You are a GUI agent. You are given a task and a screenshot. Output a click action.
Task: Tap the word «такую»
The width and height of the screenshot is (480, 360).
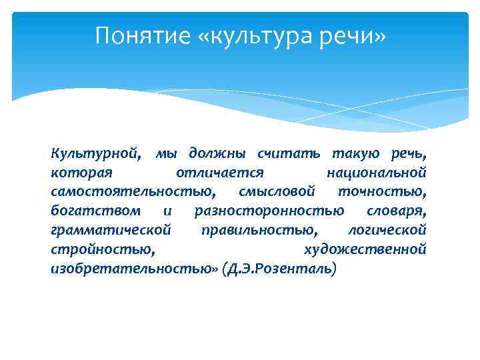(355, 154)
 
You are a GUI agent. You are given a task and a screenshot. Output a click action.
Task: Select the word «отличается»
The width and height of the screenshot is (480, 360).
(219, 173)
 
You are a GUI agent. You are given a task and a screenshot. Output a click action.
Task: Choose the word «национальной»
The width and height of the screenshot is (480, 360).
(377, 173)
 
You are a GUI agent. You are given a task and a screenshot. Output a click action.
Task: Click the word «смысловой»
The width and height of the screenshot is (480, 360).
(276, 193)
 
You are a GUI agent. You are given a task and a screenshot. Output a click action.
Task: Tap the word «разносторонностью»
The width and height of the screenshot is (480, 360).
(269, 211)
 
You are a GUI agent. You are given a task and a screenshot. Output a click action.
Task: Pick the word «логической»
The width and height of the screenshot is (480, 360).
(387, 231)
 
